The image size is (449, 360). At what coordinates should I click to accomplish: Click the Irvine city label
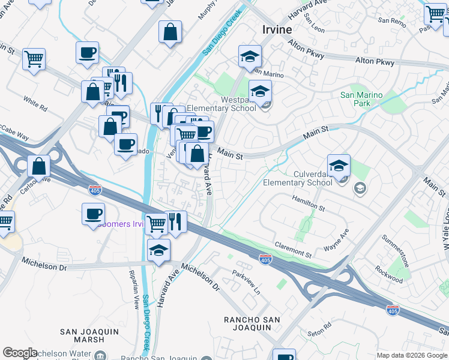click(277, 29)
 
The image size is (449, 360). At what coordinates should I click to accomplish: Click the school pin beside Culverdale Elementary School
click(339, 166)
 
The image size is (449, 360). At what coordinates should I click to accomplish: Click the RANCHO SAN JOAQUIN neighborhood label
click(252, 323)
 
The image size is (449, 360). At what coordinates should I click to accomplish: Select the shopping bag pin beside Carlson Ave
click(39, 166)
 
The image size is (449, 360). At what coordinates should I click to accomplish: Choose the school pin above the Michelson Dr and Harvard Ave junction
click(158, 250)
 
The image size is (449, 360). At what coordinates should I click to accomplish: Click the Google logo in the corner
click(19, 353)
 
